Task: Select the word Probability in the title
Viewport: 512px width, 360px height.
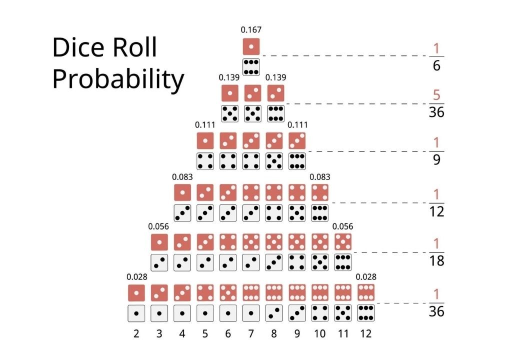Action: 118,79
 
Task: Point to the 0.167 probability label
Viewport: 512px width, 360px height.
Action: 251,30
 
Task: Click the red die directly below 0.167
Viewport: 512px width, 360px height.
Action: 251,46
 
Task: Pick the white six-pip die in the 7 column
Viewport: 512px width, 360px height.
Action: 251,66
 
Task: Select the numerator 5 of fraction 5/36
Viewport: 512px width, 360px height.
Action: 436,95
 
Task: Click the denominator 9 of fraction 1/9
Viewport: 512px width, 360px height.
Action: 436,160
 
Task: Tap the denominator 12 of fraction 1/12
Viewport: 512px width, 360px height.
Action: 436,211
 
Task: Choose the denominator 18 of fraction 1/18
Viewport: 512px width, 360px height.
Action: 436,261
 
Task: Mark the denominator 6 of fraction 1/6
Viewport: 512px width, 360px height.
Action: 436,65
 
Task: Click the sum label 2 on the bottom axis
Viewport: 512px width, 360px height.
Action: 136,333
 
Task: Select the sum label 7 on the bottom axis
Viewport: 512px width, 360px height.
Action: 251,333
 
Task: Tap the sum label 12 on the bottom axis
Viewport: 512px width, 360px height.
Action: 366,333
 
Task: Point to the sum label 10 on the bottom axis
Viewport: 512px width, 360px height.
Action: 320,333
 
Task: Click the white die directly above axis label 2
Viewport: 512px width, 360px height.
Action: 136,313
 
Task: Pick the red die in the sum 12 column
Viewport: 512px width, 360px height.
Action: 366,292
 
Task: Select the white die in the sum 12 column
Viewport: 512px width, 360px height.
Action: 366,313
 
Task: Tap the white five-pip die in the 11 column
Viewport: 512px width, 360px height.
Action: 343,313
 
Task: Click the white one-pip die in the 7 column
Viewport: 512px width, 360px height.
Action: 251,313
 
